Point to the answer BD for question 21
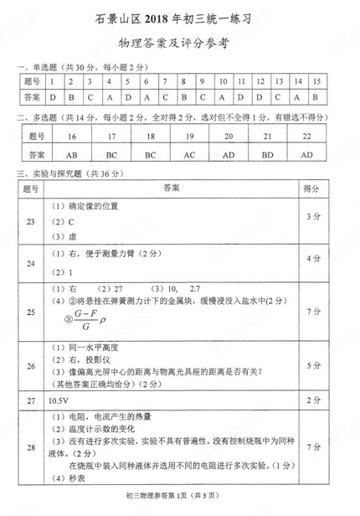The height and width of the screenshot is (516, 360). click(267, 155)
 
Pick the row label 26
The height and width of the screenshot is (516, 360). click(32, 365)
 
